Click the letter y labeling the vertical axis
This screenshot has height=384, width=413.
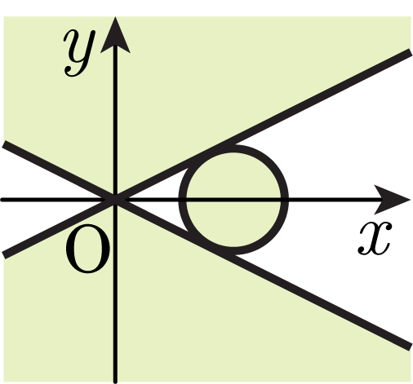click(79, 53)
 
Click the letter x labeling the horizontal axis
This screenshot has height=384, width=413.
click(375, 238)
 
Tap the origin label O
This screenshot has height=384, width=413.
click(88, 248)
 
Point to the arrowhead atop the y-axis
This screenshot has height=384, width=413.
click(115, 34)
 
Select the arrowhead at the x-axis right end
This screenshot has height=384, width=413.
click(393, 200)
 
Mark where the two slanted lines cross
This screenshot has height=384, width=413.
click(115, 200)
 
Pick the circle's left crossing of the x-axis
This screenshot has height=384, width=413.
click(182, 200)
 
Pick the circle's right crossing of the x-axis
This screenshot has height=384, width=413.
click(285, 200)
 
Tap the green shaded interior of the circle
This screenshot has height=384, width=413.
click(233, 200)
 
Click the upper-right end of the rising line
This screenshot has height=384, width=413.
click(410, 52)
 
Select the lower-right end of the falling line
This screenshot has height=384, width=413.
click(410, 347)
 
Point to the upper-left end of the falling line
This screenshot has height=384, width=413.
click(4, 144)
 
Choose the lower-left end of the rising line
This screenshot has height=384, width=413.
click(4, 255)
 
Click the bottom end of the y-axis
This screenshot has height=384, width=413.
click(115, 382)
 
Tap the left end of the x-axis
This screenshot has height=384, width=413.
click(2, 200)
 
